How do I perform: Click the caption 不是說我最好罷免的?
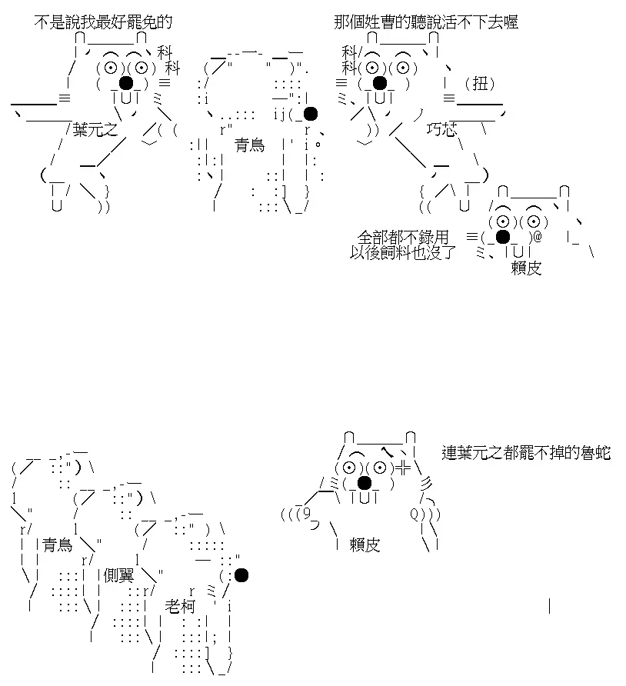pos(104,22)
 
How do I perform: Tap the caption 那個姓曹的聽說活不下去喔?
pos(427,22)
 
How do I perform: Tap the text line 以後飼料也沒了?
pos(403,251)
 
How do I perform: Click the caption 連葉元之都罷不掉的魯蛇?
pos(527,453)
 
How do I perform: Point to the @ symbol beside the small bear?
pos(538,236)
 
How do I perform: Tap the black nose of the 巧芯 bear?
pos(378,83)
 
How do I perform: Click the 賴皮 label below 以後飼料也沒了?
pos(526,268)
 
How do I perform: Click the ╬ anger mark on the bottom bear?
pos(403,468)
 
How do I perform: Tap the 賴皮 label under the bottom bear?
pos(365,544)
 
